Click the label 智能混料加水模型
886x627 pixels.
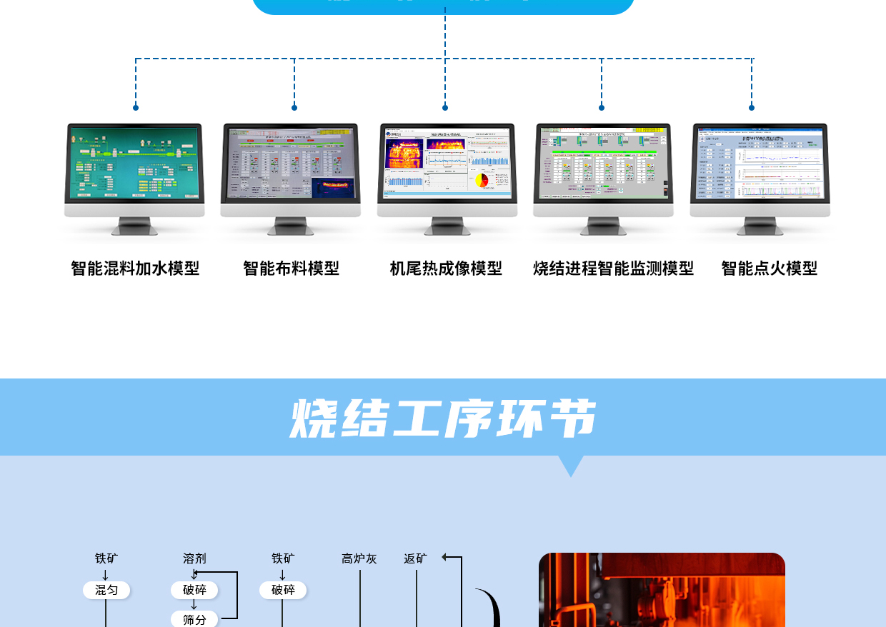click(135, 269)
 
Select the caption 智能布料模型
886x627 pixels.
click(291, 269)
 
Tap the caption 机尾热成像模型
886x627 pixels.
click(446, 269)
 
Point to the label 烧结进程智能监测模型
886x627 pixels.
click(613, 269)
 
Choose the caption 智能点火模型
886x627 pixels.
click(769, 269)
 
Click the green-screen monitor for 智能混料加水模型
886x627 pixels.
click(134, 163)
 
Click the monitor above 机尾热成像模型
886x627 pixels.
click(447, 163)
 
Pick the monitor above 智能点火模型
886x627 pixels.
click(760, 163)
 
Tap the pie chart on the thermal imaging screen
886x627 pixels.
click(482, 180)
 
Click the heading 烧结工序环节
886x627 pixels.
click(443, 418)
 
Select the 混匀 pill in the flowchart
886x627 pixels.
click(106, 590)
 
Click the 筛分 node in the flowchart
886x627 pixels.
click(194, 619)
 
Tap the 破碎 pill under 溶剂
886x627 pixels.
click(194, 590)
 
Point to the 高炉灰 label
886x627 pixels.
click(359, 558)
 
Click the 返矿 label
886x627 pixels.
click(415, 558)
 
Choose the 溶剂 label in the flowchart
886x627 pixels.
click(194, 558)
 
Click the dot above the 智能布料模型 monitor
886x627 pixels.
click(294, 108)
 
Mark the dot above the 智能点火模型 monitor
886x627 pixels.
click(752, 108)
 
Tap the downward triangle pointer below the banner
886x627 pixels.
click(571, 466)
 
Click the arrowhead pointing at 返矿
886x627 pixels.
click(445, 558)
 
